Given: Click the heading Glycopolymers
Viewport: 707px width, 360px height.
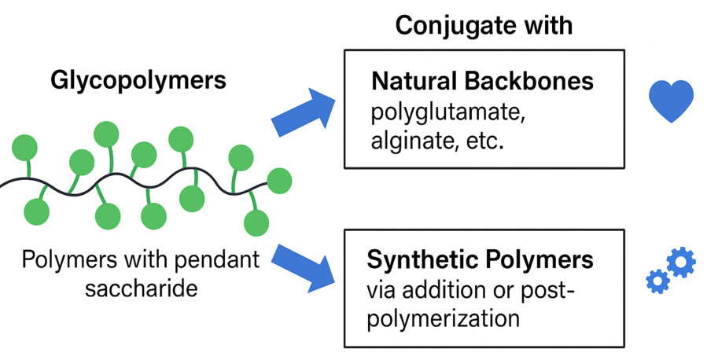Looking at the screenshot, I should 138,80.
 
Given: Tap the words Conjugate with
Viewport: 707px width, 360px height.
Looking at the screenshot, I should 483,25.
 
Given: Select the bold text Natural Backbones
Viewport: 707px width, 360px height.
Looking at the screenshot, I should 483,82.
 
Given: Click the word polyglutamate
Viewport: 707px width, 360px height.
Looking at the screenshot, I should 444,112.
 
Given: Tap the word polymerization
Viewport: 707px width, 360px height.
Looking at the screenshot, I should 444,318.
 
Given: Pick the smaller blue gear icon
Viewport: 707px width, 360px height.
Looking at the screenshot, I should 656,281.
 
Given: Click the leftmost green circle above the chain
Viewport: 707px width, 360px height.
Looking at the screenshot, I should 24,145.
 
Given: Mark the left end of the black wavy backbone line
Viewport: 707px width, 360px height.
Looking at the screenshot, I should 3,185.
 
